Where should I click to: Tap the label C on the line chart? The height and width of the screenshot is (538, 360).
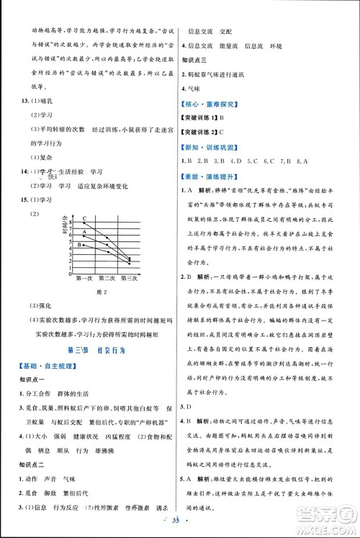[84, 218]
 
